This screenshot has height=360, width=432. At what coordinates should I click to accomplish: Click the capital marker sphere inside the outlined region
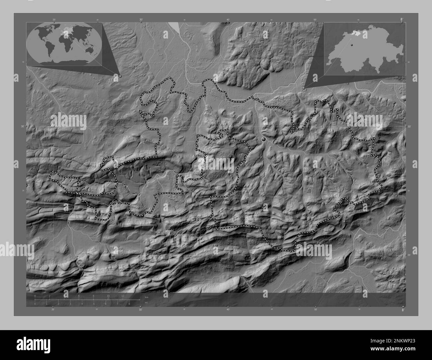coord(264,139)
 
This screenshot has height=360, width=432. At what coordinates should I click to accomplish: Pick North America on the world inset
coord(44,33)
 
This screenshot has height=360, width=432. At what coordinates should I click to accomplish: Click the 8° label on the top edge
coord(402,20)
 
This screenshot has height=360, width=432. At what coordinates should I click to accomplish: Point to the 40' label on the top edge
coord(228,20)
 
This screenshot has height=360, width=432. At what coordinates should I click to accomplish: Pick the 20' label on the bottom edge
coord(53,310)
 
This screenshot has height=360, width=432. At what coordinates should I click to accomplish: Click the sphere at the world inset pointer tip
coord(120,76)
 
